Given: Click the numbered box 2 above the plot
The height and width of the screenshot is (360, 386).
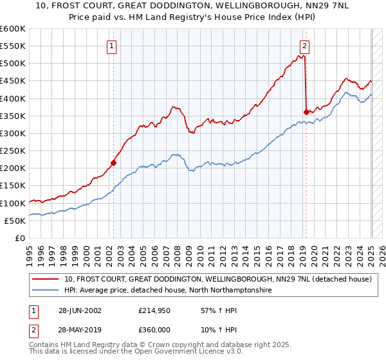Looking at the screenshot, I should pyautogui.click(x=304, y=46).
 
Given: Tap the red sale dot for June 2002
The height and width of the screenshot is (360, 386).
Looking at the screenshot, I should pyautogui.click(x=113, y=163).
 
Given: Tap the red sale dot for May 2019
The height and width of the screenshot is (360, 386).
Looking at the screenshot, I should pyautogui.click(x=306, y=112).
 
